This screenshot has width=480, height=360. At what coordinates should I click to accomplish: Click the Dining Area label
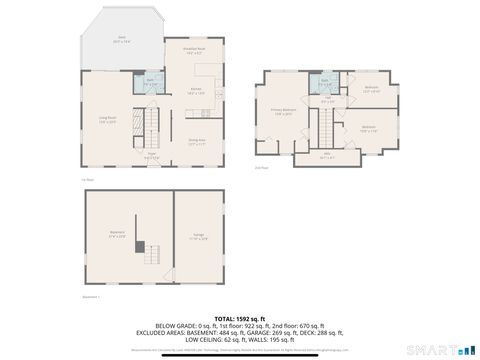[197, 141]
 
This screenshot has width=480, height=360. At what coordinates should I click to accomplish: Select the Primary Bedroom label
[282, 111]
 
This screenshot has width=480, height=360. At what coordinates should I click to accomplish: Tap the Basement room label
[117, 234]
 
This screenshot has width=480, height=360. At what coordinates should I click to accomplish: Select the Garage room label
[197, 236]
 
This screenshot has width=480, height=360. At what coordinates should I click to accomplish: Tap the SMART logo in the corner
[447, 349]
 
